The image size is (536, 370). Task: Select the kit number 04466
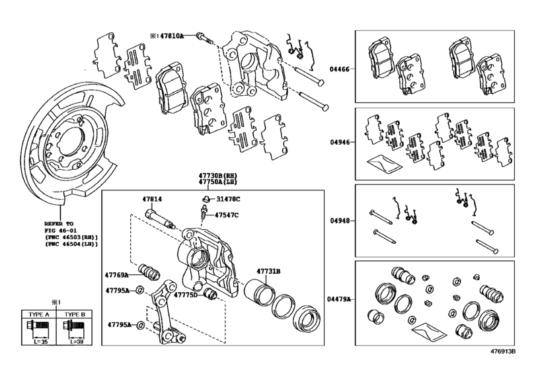[340, 69]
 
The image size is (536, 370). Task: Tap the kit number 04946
[340, 141]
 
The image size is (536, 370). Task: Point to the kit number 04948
[340, 221]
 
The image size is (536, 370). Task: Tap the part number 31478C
[228, 198]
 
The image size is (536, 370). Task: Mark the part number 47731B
[269, 271]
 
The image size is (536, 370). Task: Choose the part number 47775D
[186, 295]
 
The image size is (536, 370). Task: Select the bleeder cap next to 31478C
[206, 198]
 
